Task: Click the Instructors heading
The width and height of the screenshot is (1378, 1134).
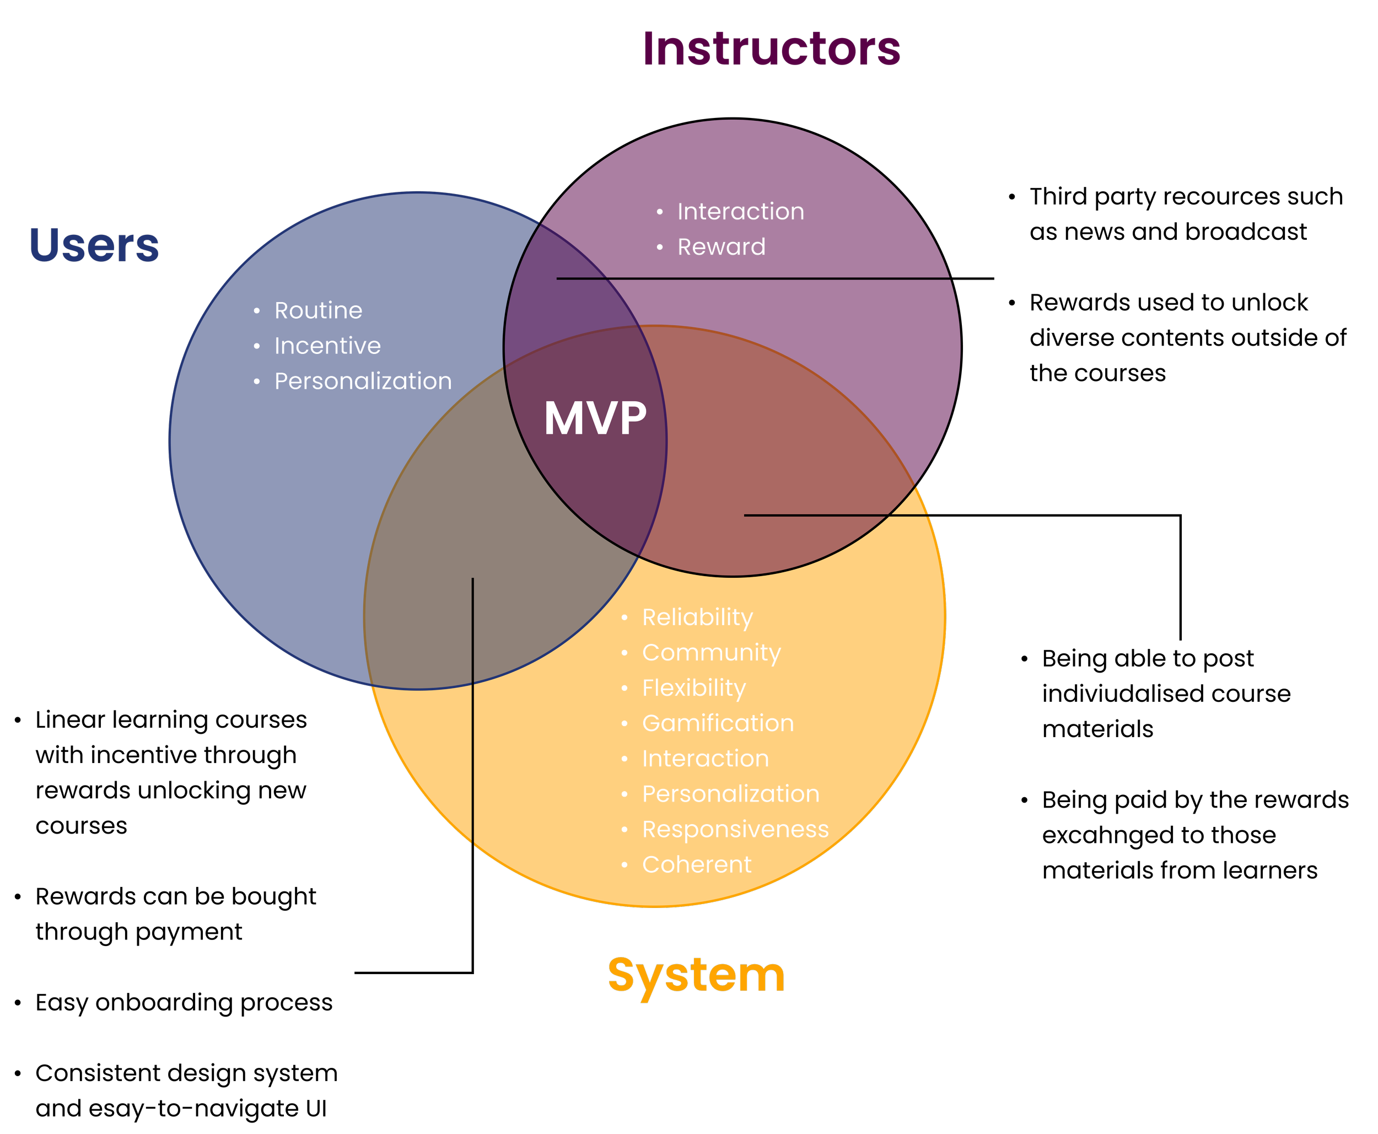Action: [771, 50]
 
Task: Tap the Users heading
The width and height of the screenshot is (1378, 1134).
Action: [94, 246]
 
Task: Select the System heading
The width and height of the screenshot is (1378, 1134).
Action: [696, 976]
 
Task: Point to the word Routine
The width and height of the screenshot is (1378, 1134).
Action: [318, 310]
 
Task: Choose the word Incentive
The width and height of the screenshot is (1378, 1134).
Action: [327, 346]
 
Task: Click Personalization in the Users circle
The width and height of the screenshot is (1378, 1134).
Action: [363, 381]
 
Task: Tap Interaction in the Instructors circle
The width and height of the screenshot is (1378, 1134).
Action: [741, 212]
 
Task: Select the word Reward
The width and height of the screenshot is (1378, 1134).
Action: [721, 247]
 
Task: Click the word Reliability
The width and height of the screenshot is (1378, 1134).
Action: [697, 617]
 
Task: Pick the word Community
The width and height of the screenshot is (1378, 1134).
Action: [711, 653]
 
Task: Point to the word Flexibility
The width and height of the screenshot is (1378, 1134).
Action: [693, 688]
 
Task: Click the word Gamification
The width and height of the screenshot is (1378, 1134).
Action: [718, 723]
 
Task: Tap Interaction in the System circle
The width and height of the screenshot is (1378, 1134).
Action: [706, 759]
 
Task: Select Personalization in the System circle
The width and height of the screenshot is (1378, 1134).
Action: [730, 794]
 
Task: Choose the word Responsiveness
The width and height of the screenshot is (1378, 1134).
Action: [735, 829]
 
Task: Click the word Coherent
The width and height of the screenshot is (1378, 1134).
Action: [696, 864]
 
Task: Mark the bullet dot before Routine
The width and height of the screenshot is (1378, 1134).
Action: [257, 311]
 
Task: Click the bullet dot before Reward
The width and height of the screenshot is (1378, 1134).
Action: [660, 248]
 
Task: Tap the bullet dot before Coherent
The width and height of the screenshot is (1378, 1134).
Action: [625, 865]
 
